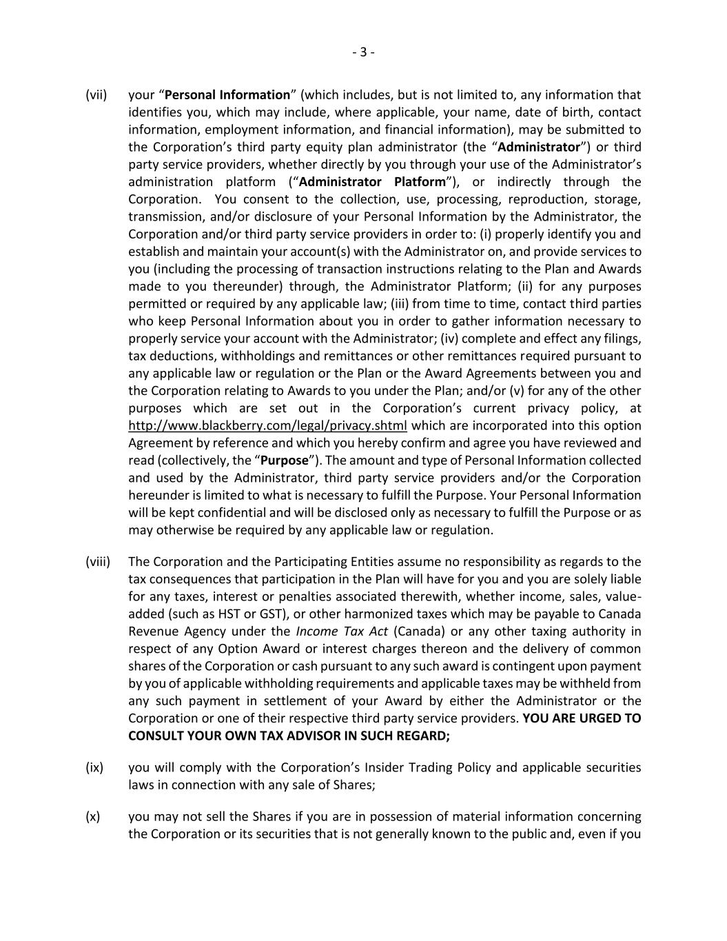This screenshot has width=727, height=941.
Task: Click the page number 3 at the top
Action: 363,52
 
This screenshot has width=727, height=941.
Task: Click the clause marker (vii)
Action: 96,95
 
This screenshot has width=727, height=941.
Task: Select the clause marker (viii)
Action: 98,562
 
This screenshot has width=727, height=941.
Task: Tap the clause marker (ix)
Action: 94,767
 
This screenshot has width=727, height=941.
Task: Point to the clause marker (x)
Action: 93,817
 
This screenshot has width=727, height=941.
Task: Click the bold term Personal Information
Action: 227,95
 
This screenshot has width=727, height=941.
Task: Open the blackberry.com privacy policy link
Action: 267,425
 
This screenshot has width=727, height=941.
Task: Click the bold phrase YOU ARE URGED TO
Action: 582,718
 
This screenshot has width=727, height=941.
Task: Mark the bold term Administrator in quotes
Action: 539,148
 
